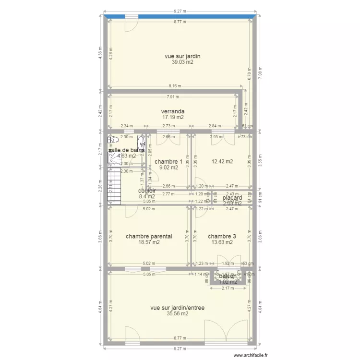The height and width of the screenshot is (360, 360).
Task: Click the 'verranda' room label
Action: (173, 111)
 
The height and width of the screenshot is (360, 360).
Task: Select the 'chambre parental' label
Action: (149, 236)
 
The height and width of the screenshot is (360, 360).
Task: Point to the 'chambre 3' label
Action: (222, 236)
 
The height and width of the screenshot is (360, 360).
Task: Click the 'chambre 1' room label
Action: (168, 162)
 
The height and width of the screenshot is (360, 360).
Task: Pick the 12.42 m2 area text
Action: (222, 162)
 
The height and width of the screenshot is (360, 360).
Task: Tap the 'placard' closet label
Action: (232, 197)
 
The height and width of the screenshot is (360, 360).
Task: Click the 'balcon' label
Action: (228, 276)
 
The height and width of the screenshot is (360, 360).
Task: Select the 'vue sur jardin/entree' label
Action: (177, 308)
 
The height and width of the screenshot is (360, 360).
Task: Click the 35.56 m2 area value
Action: (177, 314)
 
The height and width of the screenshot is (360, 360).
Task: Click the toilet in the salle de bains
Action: (113, 140)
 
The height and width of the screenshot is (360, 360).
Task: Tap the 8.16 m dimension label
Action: (175, 86)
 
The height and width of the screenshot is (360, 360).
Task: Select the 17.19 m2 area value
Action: (173, 117)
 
